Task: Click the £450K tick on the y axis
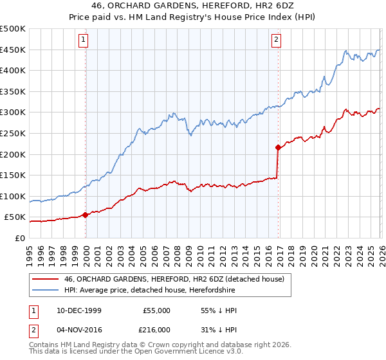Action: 12,50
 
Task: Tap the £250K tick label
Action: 12,133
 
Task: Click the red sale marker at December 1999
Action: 86,215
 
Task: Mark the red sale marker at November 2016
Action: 278,148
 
